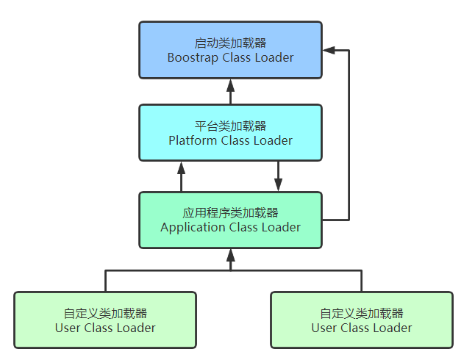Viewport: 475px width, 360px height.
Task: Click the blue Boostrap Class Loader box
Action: pos(230,50)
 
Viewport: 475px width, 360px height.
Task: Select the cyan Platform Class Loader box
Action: pos(230,132)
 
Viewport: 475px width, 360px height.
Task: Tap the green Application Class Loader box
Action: pos(230,220)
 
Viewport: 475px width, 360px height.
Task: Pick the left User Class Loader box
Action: pos(105,320)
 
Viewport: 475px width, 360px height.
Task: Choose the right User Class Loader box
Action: pos(362,320)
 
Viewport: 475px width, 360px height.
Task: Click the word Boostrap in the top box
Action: pos(193,57)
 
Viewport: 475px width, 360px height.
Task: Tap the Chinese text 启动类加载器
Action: pos(230,43)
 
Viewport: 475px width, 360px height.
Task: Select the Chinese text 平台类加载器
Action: pos(230,126)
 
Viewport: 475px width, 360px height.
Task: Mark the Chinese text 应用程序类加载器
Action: pos(230,213)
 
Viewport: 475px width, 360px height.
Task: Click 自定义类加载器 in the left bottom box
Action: pos(105,313)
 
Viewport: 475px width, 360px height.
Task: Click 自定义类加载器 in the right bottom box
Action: pos(362,313)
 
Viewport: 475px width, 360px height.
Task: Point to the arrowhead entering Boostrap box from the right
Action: pos(329,51)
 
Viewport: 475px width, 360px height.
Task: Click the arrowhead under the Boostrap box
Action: pos(230,84)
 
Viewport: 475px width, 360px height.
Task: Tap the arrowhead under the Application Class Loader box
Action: pos(230,254)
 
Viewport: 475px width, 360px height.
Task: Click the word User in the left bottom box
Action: pos(68,328)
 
